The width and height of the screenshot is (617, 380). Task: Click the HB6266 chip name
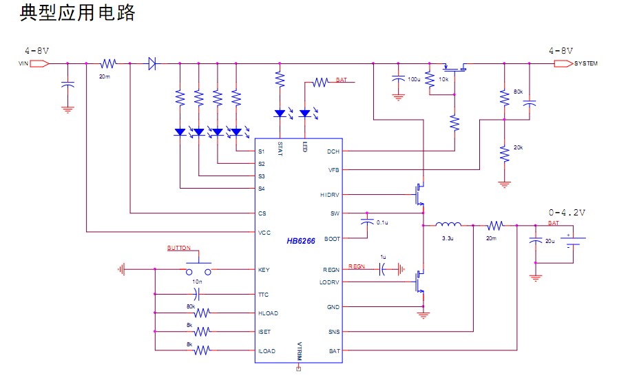301,241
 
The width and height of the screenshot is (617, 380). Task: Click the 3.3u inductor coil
448,224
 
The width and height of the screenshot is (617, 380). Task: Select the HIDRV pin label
330,195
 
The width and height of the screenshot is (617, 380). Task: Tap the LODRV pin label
330,282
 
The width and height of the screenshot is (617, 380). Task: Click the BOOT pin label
333,239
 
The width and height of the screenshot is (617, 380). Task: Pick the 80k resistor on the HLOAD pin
201,313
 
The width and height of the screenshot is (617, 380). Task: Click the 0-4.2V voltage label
567,213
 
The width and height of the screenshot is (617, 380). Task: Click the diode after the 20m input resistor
151,64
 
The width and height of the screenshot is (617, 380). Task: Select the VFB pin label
333,169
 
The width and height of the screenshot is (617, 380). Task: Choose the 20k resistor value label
518,148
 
